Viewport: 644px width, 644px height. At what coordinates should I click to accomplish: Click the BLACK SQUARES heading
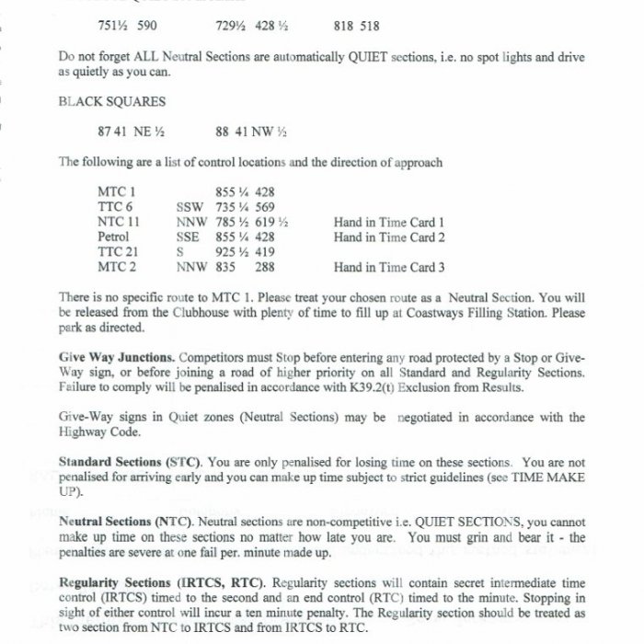[98, 102]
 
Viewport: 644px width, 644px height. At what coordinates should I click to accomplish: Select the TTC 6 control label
[116, 208]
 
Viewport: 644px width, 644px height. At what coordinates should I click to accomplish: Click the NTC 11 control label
[119, 223]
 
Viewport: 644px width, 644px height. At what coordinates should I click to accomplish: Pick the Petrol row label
[114, 237]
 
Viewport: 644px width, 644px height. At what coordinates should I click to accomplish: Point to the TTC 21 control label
[119, 252]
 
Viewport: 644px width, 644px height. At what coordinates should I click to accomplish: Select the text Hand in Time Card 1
[390, 223]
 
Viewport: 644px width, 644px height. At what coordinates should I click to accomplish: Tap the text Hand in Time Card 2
[390, 237]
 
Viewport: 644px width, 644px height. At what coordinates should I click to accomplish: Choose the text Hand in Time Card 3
[390, 267]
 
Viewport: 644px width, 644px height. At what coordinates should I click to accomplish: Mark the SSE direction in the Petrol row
[189, 237]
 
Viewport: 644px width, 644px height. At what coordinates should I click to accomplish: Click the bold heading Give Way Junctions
[117, 356]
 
